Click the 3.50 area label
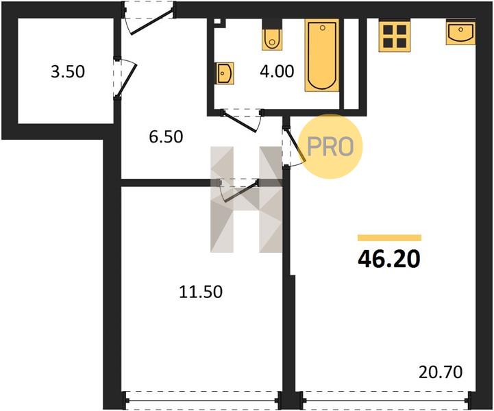(x=68, y=71)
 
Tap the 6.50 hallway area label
(x=166, y=137)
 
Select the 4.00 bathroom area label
(x=277, y=71)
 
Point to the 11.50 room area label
(x=201, y=292)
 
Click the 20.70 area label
(x=441, y=372)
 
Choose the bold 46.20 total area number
(x=389, y=259)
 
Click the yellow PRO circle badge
(x=330, y=147)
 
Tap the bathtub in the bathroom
(x=322, y=55)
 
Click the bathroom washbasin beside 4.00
(x=225, y=73)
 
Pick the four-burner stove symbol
(x=395, y=36)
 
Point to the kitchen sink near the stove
(x=461, y=32)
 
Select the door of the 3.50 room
(x=125, y=77)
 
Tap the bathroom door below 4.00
(x=242, y=120)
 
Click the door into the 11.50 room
(x=239, y=190)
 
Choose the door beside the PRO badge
(x=293, y=147)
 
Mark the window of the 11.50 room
(x=201, y=401)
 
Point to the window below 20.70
(x=386, y=401)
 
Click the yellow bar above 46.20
(x=389, y=238)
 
